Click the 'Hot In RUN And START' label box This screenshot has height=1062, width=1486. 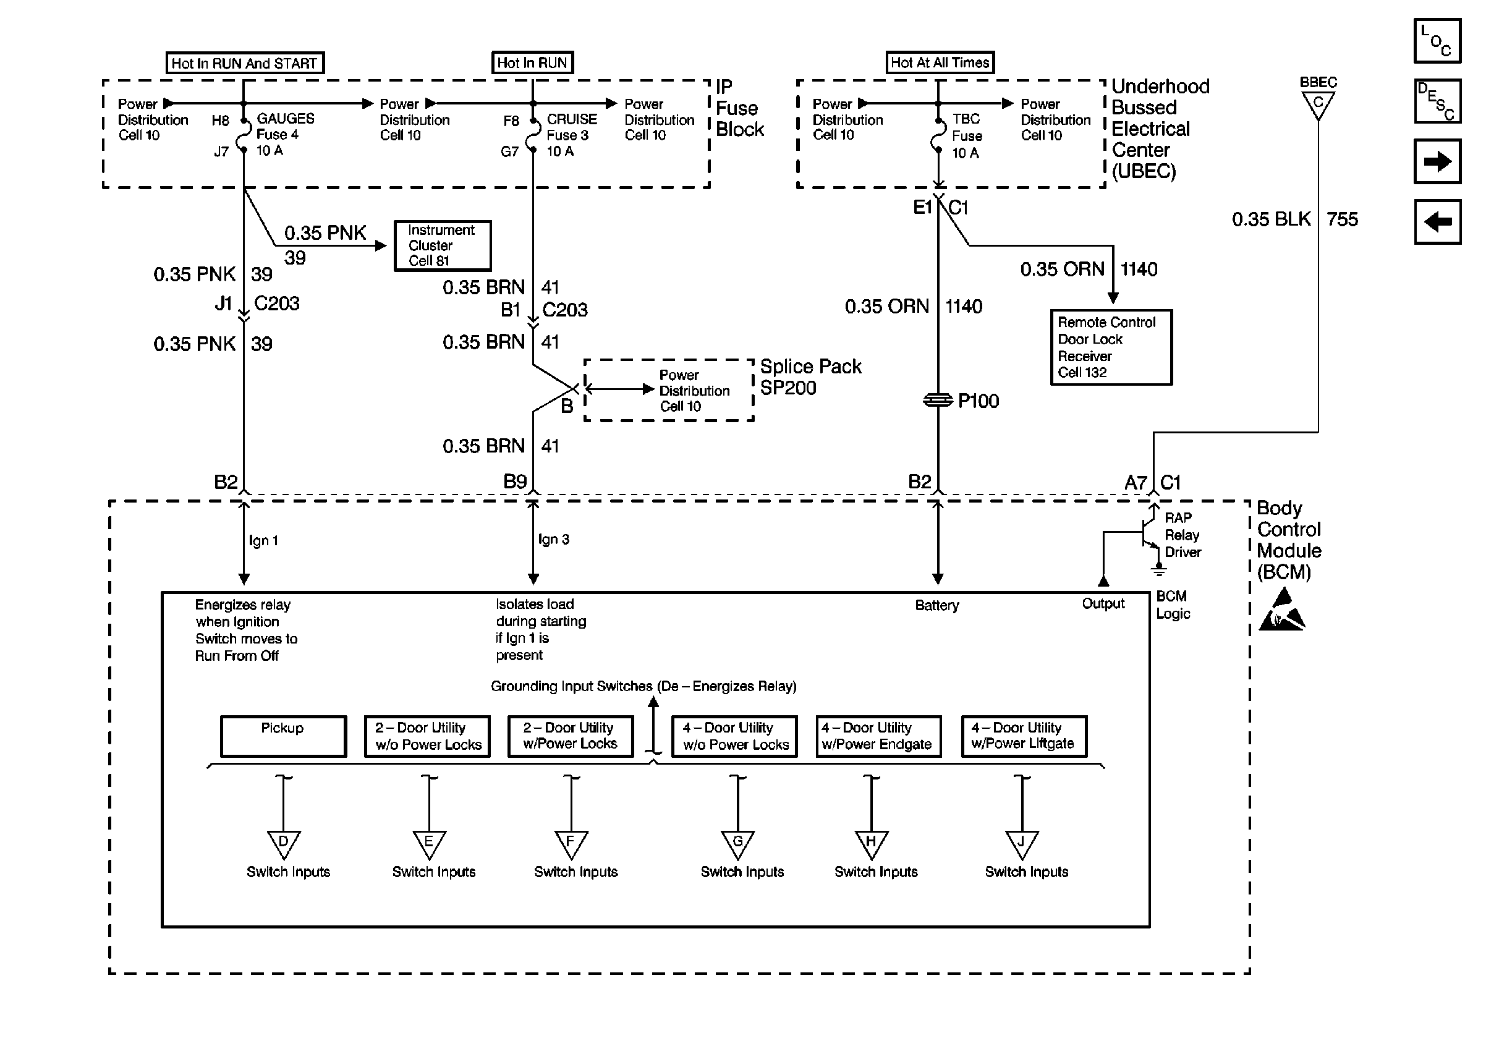click(x=245, y=63)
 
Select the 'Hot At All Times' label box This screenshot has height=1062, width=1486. click(x=940, y=62)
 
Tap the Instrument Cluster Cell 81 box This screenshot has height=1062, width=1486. click(x=443, y=245)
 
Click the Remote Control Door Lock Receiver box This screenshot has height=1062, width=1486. click(x=1111, y=347)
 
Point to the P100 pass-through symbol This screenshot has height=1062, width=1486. click(x=938, y=400)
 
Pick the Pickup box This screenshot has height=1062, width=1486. click(x=283, y=736)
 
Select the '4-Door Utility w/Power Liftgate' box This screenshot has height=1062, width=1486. click(x=1024, y=736)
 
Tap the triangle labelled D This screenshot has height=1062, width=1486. click(x=283, y=844)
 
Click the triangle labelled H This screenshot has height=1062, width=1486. click(x=872, y=844)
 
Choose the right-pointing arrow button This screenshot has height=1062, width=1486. click(x=1437, y=161)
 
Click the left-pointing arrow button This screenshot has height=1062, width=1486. click(x=1437, y=222)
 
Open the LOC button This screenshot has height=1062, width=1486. click(x=1437, y=41)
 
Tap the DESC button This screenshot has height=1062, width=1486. click(x=1437, y=101)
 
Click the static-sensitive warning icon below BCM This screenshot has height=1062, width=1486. click(x=1281, y=610)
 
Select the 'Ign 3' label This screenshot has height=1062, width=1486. click(x=554, y=540)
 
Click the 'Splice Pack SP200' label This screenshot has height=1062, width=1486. click(x=810, y=376)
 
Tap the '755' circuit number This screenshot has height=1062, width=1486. click(x=1342, y=219)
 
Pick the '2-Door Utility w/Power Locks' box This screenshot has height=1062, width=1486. click(x=571, y=736)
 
